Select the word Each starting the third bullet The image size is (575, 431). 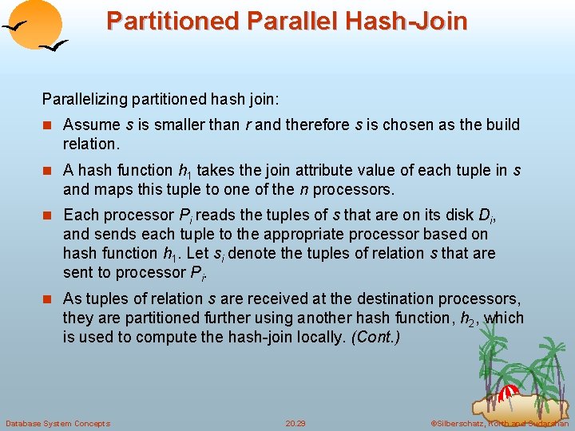[78, 215]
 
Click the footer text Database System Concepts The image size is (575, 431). [57, 423]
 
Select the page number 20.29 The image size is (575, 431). [295, 423]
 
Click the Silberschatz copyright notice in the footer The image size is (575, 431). [499, 423]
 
